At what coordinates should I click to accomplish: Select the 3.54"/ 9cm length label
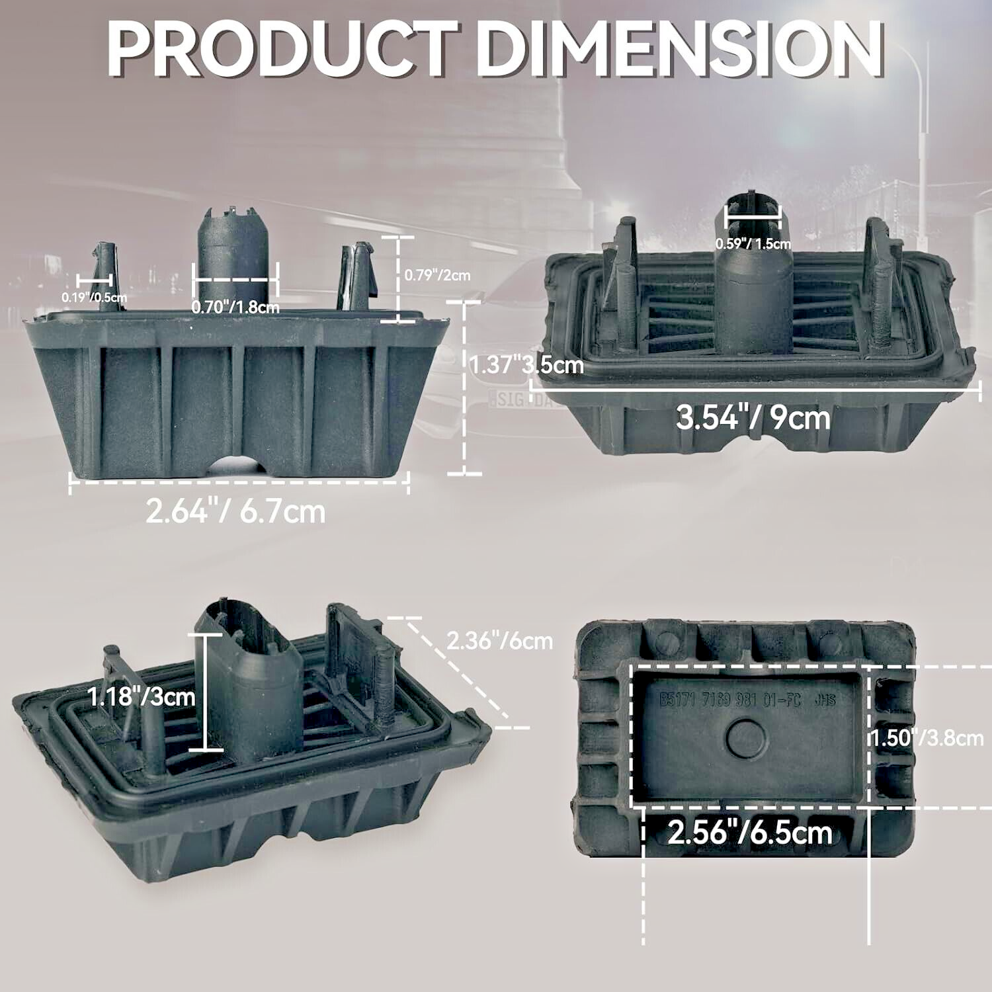[x=753, y=418]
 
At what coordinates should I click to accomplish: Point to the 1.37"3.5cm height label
[x=527, y=364]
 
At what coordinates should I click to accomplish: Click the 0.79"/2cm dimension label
[x=437, y=274]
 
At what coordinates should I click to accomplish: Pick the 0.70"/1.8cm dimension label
[x=235, y=308]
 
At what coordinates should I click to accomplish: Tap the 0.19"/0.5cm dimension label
[x=95, y=298]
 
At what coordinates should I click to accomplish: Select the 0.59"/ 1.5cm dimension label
[x=753, y=243]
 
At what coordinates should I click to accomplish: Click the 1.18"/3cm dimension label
[x=142, y=696]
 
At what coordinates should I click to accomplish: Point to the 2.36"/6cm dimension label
[x=499, y=640]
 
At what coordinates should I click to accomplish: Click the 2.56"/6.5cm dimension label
[x=749, y=832]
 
